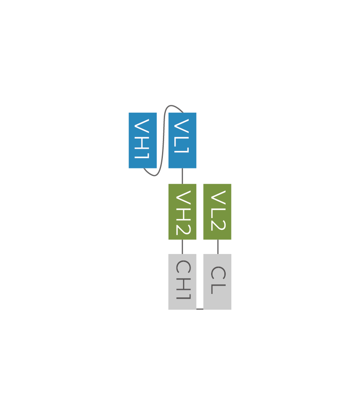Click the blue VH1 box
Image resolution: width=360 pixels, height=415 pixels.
click(142, 140)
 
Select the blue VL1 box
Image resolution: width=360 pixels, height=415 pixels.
click(182, 140)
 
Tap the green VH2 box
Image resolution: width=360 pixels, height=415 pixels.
click(182, 212)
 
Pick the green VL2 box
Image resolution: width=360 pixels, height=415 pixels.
click(217, 212)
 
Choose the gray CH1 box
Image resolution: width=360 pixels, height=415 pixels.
click(182, 282)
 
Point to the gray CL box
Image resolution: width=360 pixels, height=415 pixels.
click(217, 282)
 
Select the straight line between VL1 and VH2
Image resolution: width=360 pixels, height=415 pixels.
click(182, 176)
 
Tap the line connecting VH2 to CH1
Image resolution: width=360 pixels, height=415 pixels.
click(182, 247)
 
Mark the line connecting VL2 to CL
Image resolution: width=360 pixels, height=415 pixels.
click(218, 247)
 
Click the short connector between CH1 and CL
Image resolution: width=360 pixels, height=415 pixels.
click(200, 308)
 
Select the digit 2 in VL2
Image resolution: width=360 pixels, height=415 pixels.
click(218, 224)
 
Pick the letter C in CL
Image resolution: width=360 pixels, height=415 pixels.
click(218, 274)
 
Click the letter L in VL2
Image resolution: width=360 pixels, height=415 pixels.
click(218, 211)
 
